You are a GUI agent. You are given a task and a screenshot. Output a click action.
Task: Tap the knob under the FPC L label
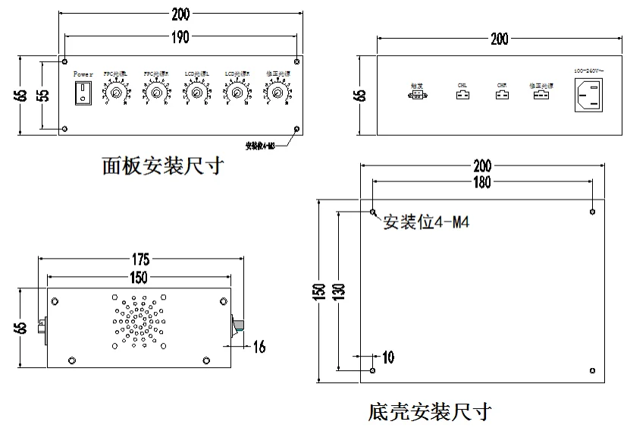[116, 93]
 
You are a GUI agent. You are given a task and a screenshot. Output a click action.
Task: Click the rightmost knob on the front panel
[277, 93]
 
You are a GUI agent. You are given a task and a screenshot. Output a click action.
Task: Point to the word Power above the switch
[83, 74]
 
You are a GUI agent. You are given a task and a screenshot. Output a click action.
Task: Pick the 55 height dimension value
[44, 95]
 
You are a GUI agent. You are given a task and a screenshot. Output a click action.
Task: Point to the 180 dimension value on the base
[481, 182]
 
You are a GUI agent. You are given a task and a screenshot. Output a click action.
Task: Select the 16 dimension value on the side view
[259, 347]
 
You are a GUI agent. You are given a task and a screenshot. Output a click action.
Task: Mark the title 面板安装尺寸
[162, 165]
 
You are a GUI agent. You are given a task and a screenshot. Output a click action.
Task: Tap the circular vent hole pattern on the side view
[139, 322]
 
